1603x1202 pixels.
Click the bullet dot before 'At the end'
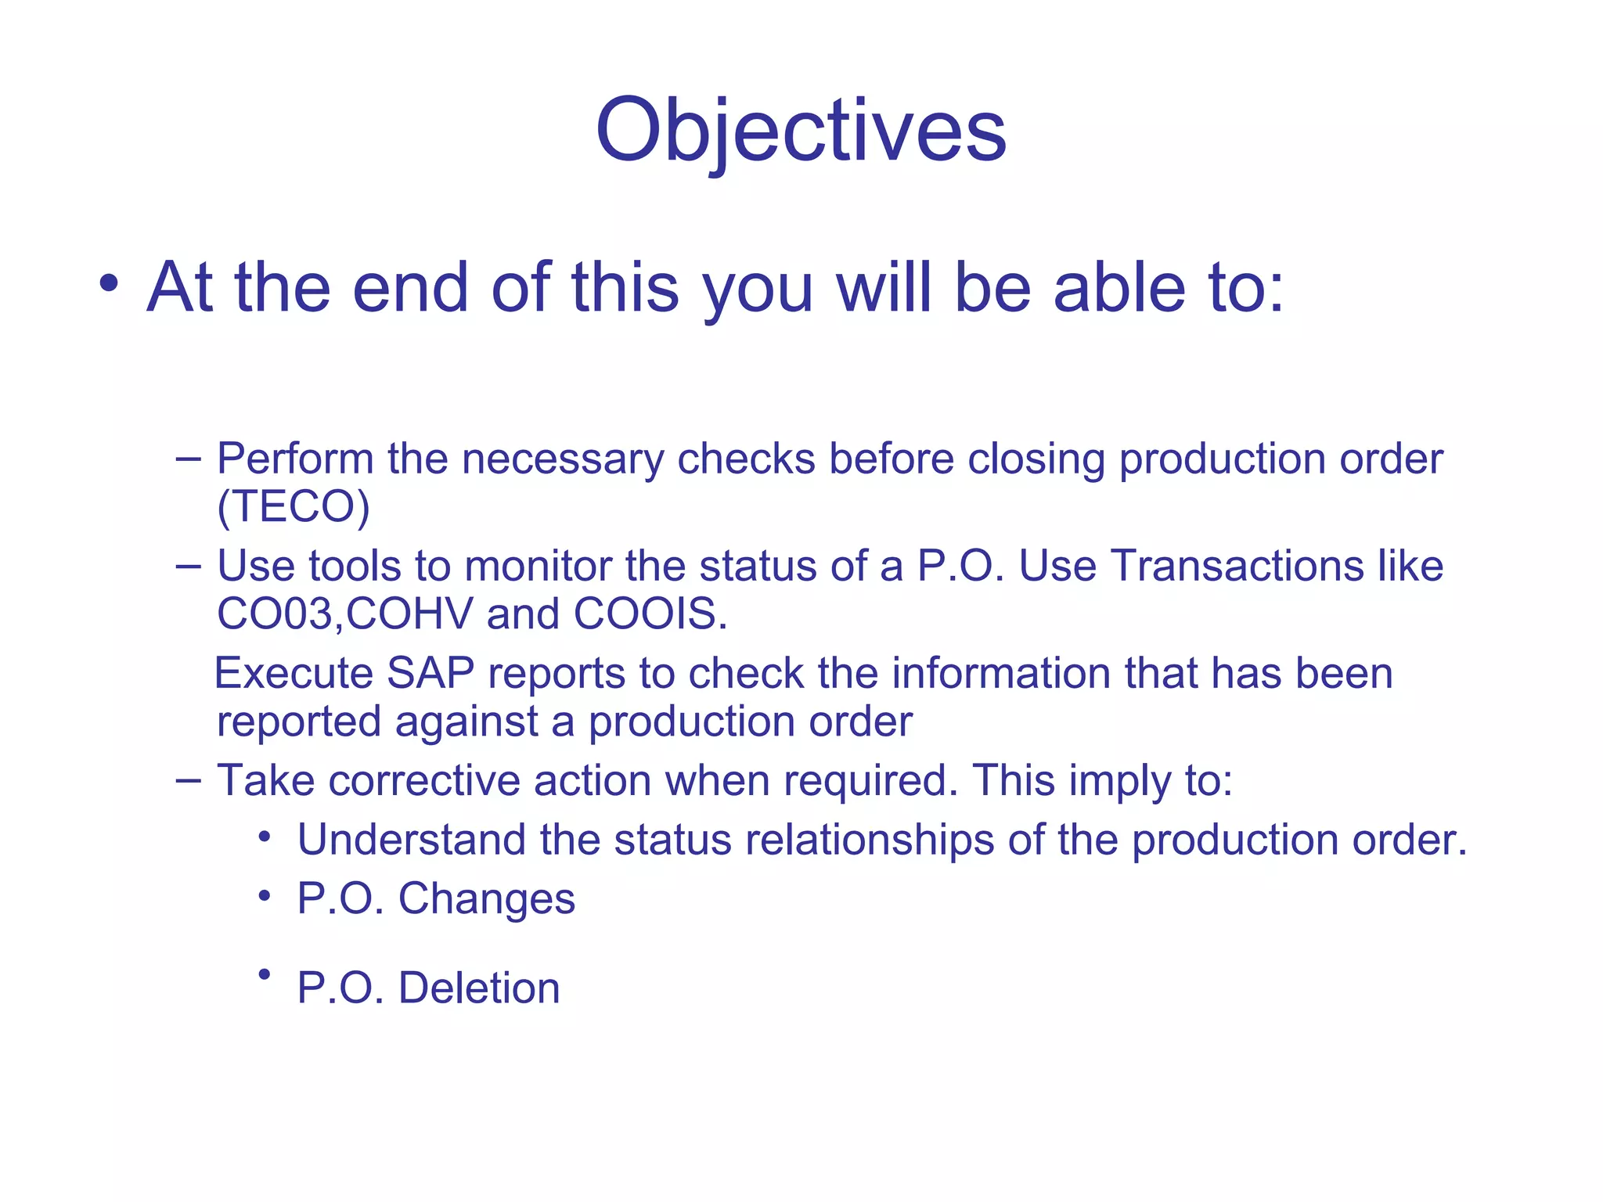tap(110, 283)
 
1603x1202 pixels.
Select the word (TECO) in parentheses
tap(293, 506)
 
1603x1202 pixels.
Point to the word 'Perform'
tap(295, 459)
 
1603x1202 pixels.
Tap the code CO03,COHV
tap(344, 614)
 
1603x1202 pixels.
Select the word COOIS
tap(650, 614)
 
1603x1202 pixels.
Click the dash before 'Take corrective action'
tap(188, 779)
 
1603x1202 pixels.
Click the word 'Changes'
tap(486, 899)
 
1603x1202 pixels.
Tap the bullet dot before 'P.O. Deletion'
tap(265, 973)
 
